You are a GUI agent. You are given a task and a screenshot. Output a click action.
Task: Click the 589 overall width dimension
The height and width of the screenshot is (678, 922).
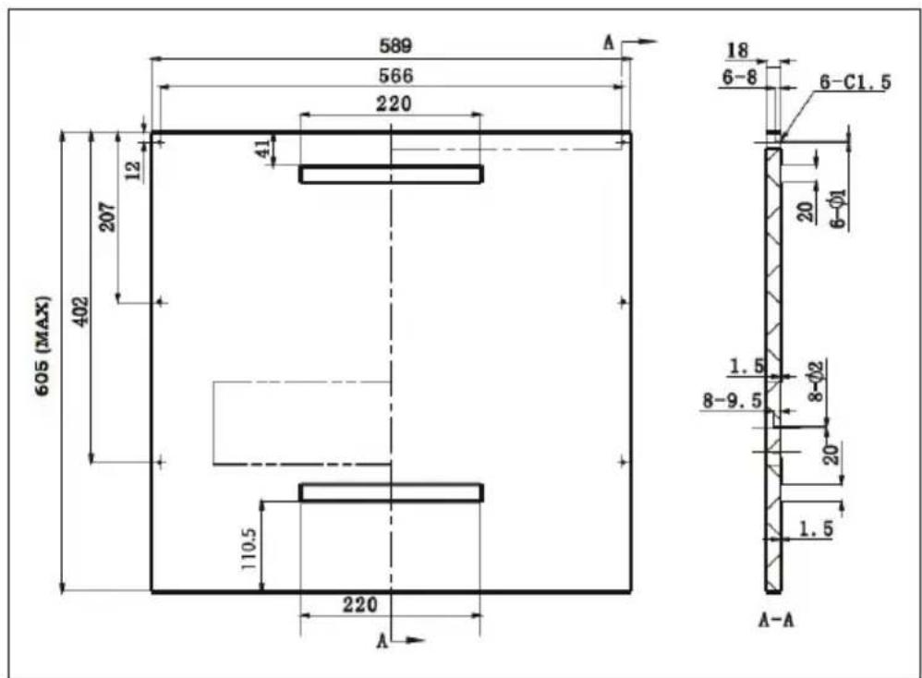coord(395,45)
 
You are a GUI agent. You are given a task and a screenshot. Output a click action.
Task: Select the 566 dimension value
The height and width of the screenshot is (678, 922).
coord(395,75)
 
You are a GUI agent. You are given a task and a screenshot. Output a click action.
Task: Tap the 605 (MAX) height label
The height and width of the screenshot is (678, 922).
coord(42,345)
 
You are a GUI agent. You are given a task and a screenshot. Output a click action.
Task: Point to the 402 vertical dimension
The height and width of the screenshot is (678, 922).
coord(80,311)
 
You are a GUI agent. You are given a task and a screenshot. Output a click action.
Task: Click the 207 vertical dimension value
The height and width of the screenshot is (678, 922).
coord(107,217)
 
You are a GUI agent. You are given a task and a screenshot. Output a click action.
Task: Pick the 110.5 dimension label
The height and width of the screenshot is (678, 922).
coord(249,549)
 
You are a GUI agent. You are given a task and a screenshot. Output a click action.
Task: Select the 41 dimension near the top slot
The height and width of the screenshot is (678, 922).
coord(263,147)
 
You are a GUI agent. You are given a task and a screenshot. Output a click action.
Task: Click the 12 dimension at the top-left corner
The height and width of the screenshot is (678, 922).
coord(134,171)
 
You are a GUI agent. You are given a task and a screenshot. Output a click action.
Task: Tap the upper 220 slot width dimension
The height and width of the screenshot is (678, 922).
coord(394,104)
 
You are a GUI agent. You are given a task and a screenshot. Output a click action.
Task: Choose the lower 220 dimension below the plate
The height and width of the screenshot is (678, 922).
coord(360,604)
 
